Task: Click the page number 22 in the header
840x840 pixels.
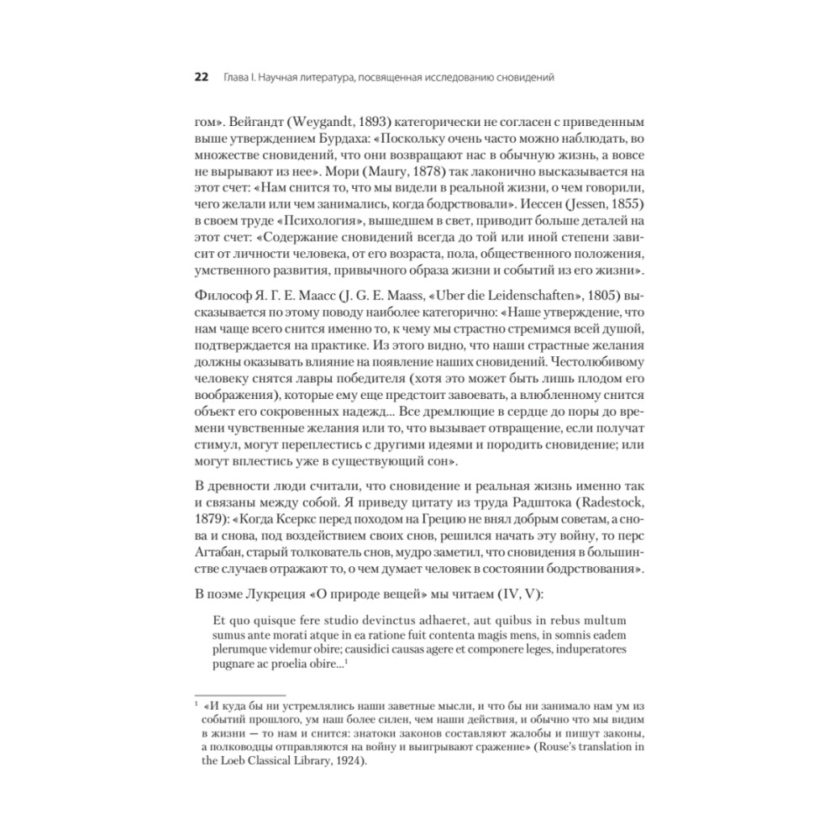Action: pos(202,78)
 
